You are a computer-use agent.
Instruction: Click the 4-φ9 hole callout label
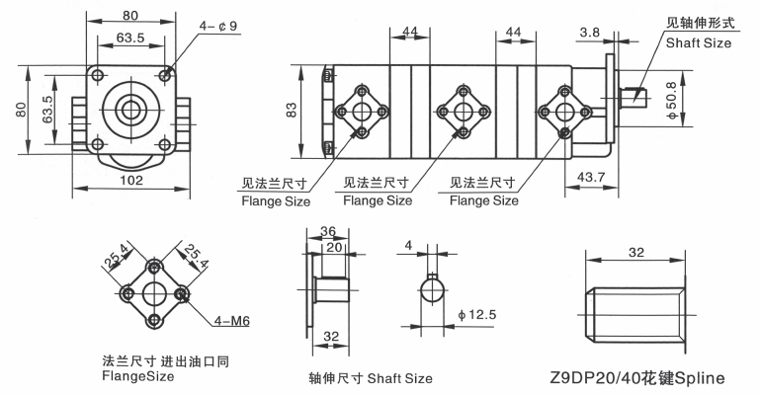click(x=218, y=26)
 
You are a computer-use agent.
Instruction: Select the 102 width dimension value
click(x=131, y=181)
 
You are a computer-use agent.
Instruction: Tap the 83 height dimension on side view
click(x=292, y=112)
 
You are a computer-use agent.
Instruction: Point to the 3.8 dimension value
click(x=589, y=33)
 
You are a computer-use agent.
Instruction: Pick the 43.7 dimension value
click(x=591, y=177)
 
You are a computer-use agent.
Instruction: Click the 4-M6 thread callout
click(x=232, y=321)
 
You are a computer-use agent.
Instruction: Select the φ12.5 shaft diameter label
click(x=477, y=315)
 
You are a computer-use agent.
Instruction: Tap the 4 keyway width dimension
click(x=408, y=246)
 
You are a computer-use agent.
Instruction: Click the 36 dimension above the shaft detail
click(x=328, y=231)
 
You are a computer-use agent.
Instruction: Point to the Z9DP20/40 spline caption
click(x=637, y=377)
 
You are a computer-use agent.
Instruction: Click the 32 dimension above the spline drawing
click(x=635, y=252)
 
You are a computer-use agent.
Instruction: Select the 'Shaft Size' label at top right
click(x=699, y=43)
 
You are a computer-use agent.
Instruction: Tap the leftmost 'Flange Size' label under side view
click(x=276, y=200)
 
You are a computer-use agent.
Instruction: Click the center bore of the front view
click(x=130, y=110)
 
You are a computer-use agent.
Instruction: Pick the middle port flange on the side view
click(x=464, y=112)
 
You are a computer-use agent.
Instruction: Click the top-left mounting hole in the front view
click(x=98, y=75)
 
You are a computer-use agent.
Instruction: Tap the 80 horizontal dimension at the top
click(x=129, y=16)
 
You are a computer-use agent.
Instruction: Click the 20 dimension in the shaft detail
click(x=333, y=247)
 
